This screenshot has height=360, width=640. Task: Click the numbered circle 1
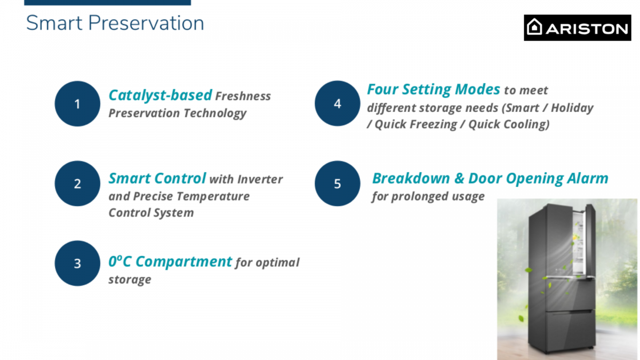point(77,103)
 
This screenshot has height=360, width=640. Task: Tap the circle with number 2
point(77,183)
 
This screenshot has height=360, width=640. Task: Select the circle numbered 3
point(77,263)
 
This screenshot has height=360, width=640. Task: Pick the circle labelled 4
point(338,103)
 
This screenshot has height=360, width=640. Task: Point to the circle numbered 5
point(338,183)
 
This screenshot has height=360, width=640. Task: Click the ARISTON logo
point(578,28)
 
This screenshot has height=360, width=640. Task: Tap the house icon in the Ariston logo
point(534,27)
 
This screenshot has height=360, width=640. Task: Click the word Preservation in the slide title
point(146,23)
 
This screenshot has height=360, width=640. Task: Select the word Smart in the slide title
point(54,23)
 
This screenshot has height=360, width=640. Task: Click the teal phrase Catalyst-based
point(161,95)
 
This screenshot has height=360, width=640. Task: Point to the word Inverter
point(260,179)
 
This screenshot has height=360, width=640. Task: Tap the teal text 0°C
point(119,261)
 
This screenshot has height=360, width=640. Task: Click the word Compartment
point(183,262)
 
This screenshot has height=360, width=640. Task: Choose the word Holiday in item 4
point(572,108)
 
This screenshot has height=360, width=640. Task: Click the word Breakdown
point(411,178)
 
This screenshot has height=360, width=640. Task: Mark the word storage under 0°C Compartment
point(130,279)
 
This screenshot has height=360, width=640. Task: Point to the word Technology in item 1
point(215,114)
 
